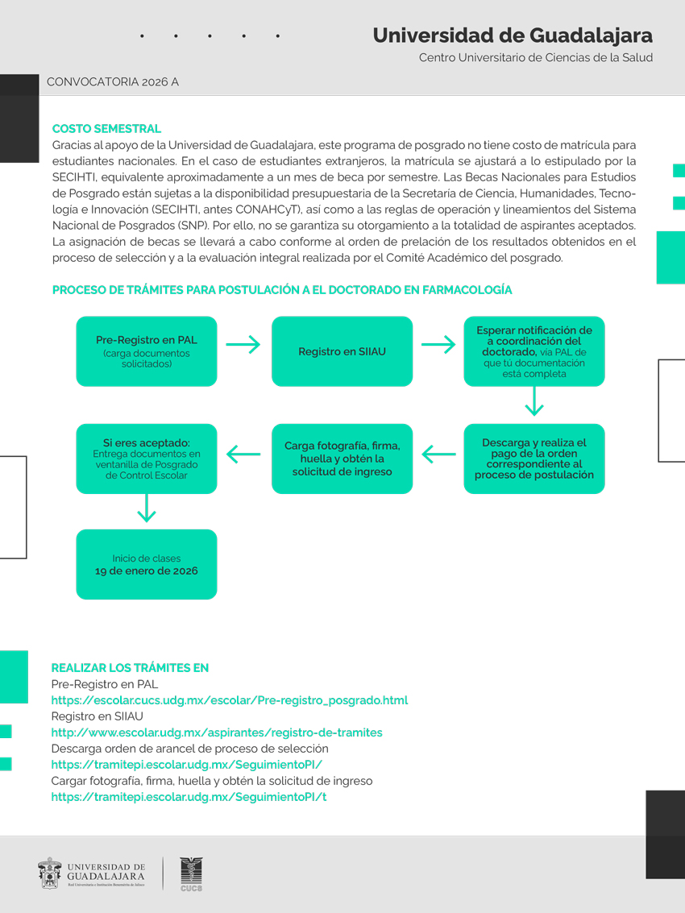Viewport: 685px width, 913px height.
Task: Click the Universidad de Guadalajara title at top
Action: [513, 35]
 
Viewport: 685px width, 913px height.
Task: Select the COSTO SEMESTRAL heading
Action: [106, 129]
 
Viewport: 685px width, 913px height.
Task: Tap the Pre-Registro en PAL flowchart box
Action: [147, 351]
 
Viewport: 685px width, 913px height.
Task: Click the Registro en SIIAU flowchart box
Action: [342, 351]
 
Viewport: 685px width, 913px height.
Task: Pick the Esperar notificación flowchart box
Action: [533, 351]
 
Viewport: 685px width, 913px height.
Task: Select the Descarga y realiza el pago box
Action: [533, 459]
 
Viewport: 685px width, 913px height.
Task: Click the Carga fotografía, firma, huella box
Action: [342, 459]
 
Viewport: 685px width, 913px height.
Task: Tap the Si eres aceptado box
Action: [147, 459]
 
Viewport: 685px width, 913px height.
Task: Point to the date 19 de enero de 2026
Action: [147, 571]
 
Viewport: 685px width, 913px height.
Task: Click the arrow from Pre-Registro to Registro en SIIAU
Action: [243, 345]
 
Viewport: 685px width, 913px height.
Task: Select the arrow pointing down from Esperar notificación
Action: [533, 400]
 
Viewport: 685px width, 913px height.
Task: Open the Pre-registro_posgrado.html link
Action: [230, 700]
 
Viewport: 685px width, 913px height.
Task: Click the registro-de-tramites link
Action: [217, 732]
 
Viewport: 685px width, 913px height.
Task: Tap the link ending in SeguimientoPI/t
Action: [189, 797]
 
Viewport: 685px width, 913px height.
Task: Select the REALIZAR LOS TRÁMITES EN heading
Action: [130, 668]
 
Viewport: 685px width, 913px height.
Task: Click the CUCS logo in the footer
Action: [191, 874]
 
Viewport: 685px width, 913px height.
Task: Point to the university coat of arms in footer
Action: [50, 874]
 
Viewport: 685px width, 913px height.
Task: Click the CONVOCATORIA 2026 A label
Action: [113, 82]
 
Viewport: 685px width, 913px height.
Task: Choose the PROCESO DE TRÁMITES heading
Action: [282, 290]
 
